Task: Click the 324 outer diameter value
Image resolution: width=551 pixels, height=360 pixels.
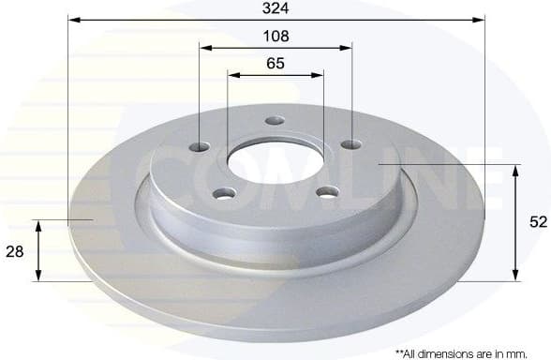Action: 275,8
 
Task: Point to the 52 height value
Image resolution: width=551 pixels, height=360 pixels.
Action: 538,222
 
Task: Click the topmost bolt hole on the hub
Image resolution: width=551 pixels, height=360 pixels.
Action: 275,120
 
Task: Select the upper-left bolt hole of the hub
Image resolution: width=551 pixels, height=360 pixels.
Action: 201,146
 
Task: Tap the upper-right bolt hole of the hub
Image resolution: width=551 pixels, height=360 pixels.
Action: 350,144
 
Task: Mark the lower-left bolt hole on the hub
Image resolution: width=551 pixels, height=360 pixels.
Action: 225,193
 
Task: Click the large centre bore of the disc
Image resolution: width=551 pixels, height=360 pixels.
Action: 275,161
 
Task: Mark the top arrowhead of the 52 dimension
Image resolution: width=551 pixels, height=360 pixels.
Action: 514,170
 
